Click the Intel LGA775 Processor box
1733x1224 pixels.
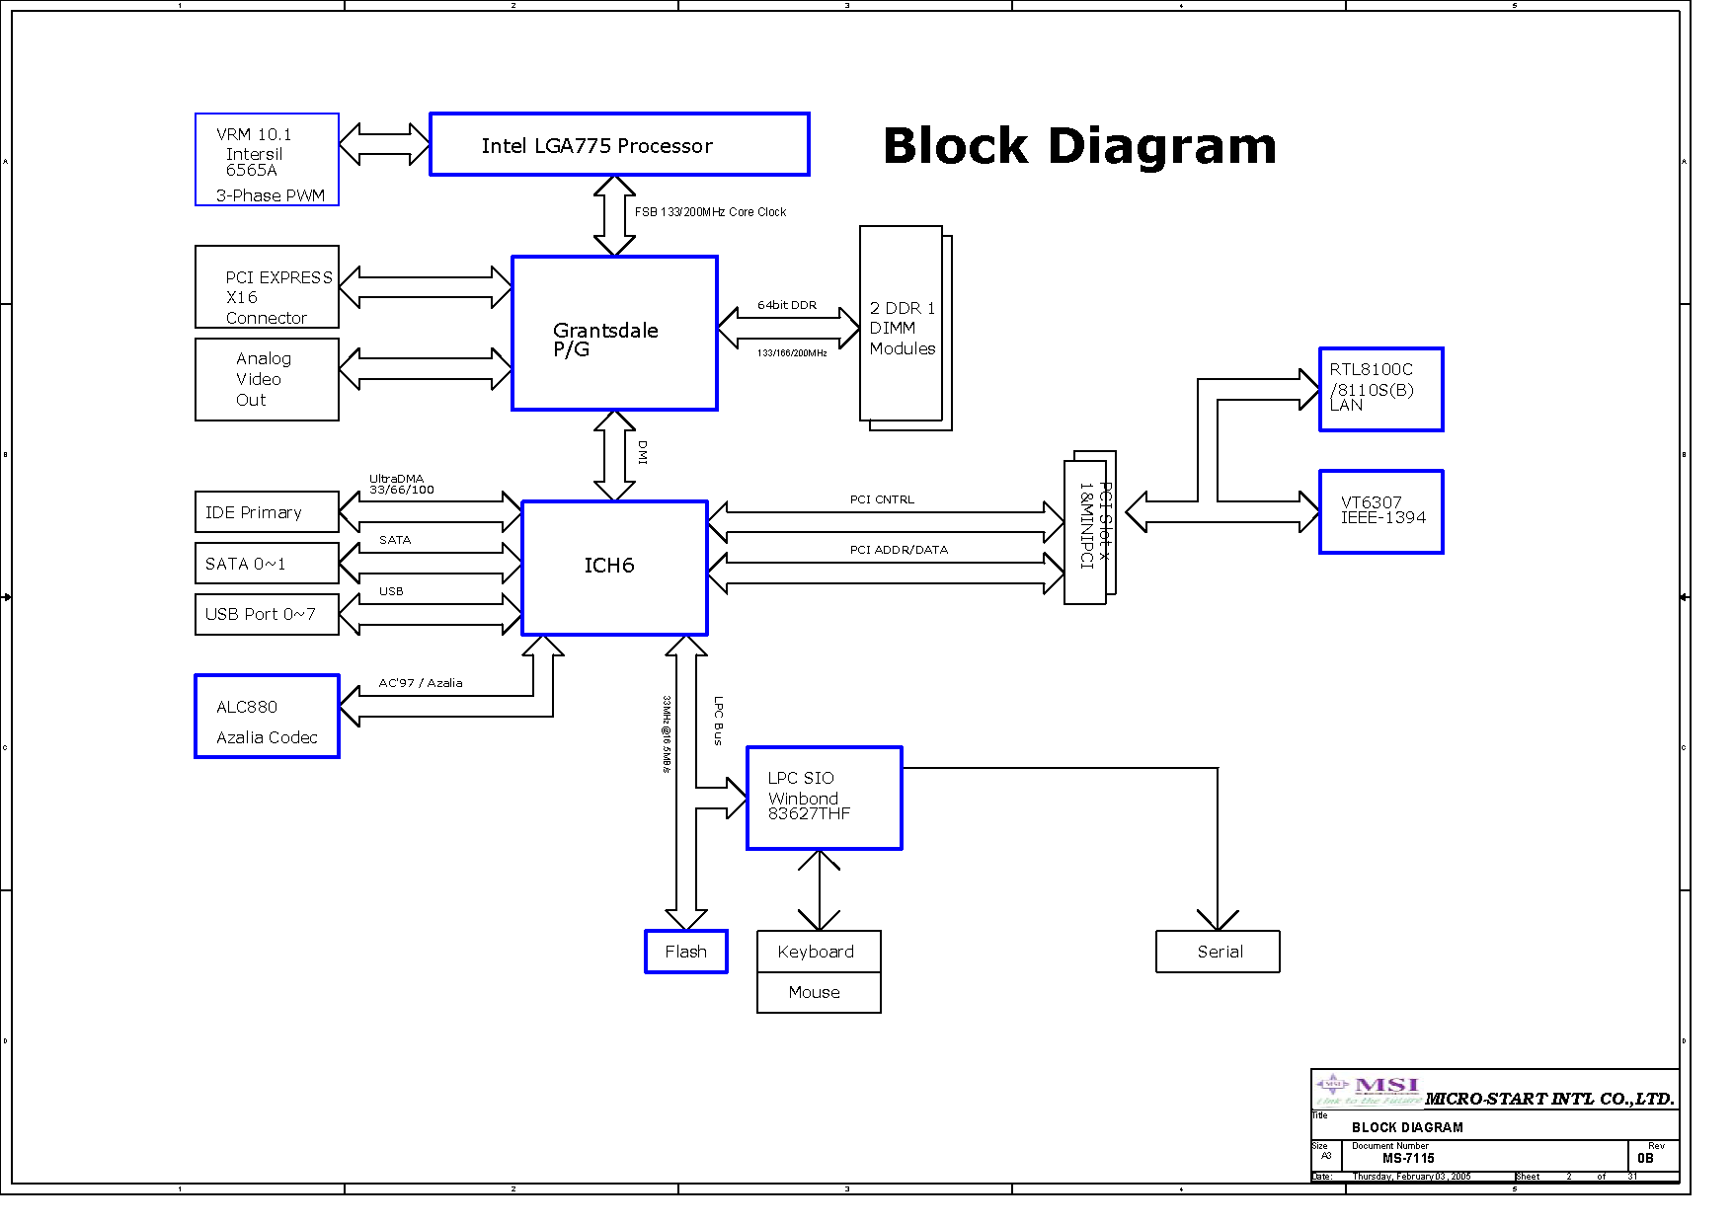(x=619, y=145)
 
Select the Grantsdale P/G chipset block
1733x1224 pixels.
(x=614, y=334)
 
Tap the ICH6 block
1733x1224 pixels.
(x=614, y=568)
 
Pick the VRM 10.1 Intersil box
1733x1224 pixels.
(x=267, y=160)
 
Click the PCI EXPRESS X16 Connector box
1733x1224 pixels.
(x=267, y=287)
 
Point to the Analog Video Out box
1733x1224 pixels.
(x=267, y=380)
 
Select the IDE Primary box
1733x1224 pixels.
(x=267, y=512)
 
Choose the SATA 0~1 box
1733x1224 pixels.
(x=267, y=564)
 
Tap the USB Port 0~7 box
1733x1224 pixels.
(x=267, y=614)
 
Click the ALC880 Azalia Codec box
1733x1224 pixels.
(x=267, y=717)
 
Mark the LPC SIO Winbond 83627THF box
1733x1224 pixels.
(x=825, y=798)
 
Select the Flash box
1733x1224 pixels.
(x=686, y=952)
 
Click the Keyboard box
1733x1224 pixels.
(x=819, y=952)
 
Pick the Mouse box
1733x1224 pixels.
(x=819, y=993)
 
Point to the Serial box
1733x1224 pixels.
(x=1218, y=952)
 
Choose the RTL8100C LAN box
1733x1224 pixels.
(x=1381, y=389)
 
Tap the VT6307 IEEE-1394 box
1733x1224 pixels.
(x=1381, y=511)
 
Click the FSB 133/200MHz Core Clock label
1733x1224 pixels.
(x=710, y=212)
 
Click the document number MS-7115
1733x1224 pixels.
(x=1408, y=1159)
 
